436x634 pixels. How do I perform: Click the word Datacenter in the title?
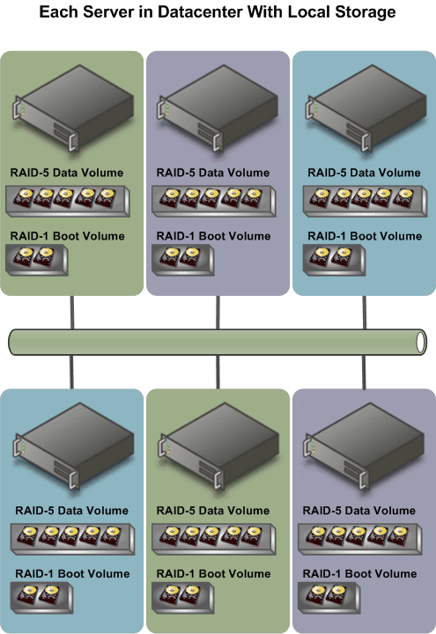199,11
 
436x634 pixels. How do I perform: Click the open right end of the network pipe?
421,342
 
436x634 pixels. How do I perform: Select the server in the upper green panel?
74,107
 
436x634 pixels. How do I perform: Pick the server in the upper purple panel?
218,107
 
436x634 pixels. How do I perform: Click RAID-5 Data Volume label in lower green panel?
213,511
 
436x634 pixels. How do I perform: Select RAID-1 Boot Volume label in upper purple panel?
213,236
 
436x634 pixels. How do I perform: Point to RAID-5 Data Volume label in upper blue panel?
364,173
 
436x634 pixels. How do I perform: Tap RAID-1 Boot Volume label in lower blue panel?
72,574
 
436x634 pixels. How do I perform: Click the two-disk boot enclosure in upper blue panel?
334,260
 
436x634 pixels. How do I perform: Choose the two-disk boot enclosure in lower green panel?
183,598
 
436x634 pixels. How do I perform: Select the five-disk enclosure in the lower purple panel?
360,539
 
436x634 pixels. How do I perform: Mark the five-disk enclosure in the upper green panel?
68,201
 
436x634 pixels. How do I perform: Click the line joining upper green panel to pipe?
72,313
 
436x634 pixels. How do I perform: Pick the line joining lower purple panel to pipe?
364,372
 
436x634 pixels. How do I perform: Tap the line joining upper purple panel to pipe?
218,313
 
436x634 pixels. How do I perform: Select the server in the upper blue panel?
366,107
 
